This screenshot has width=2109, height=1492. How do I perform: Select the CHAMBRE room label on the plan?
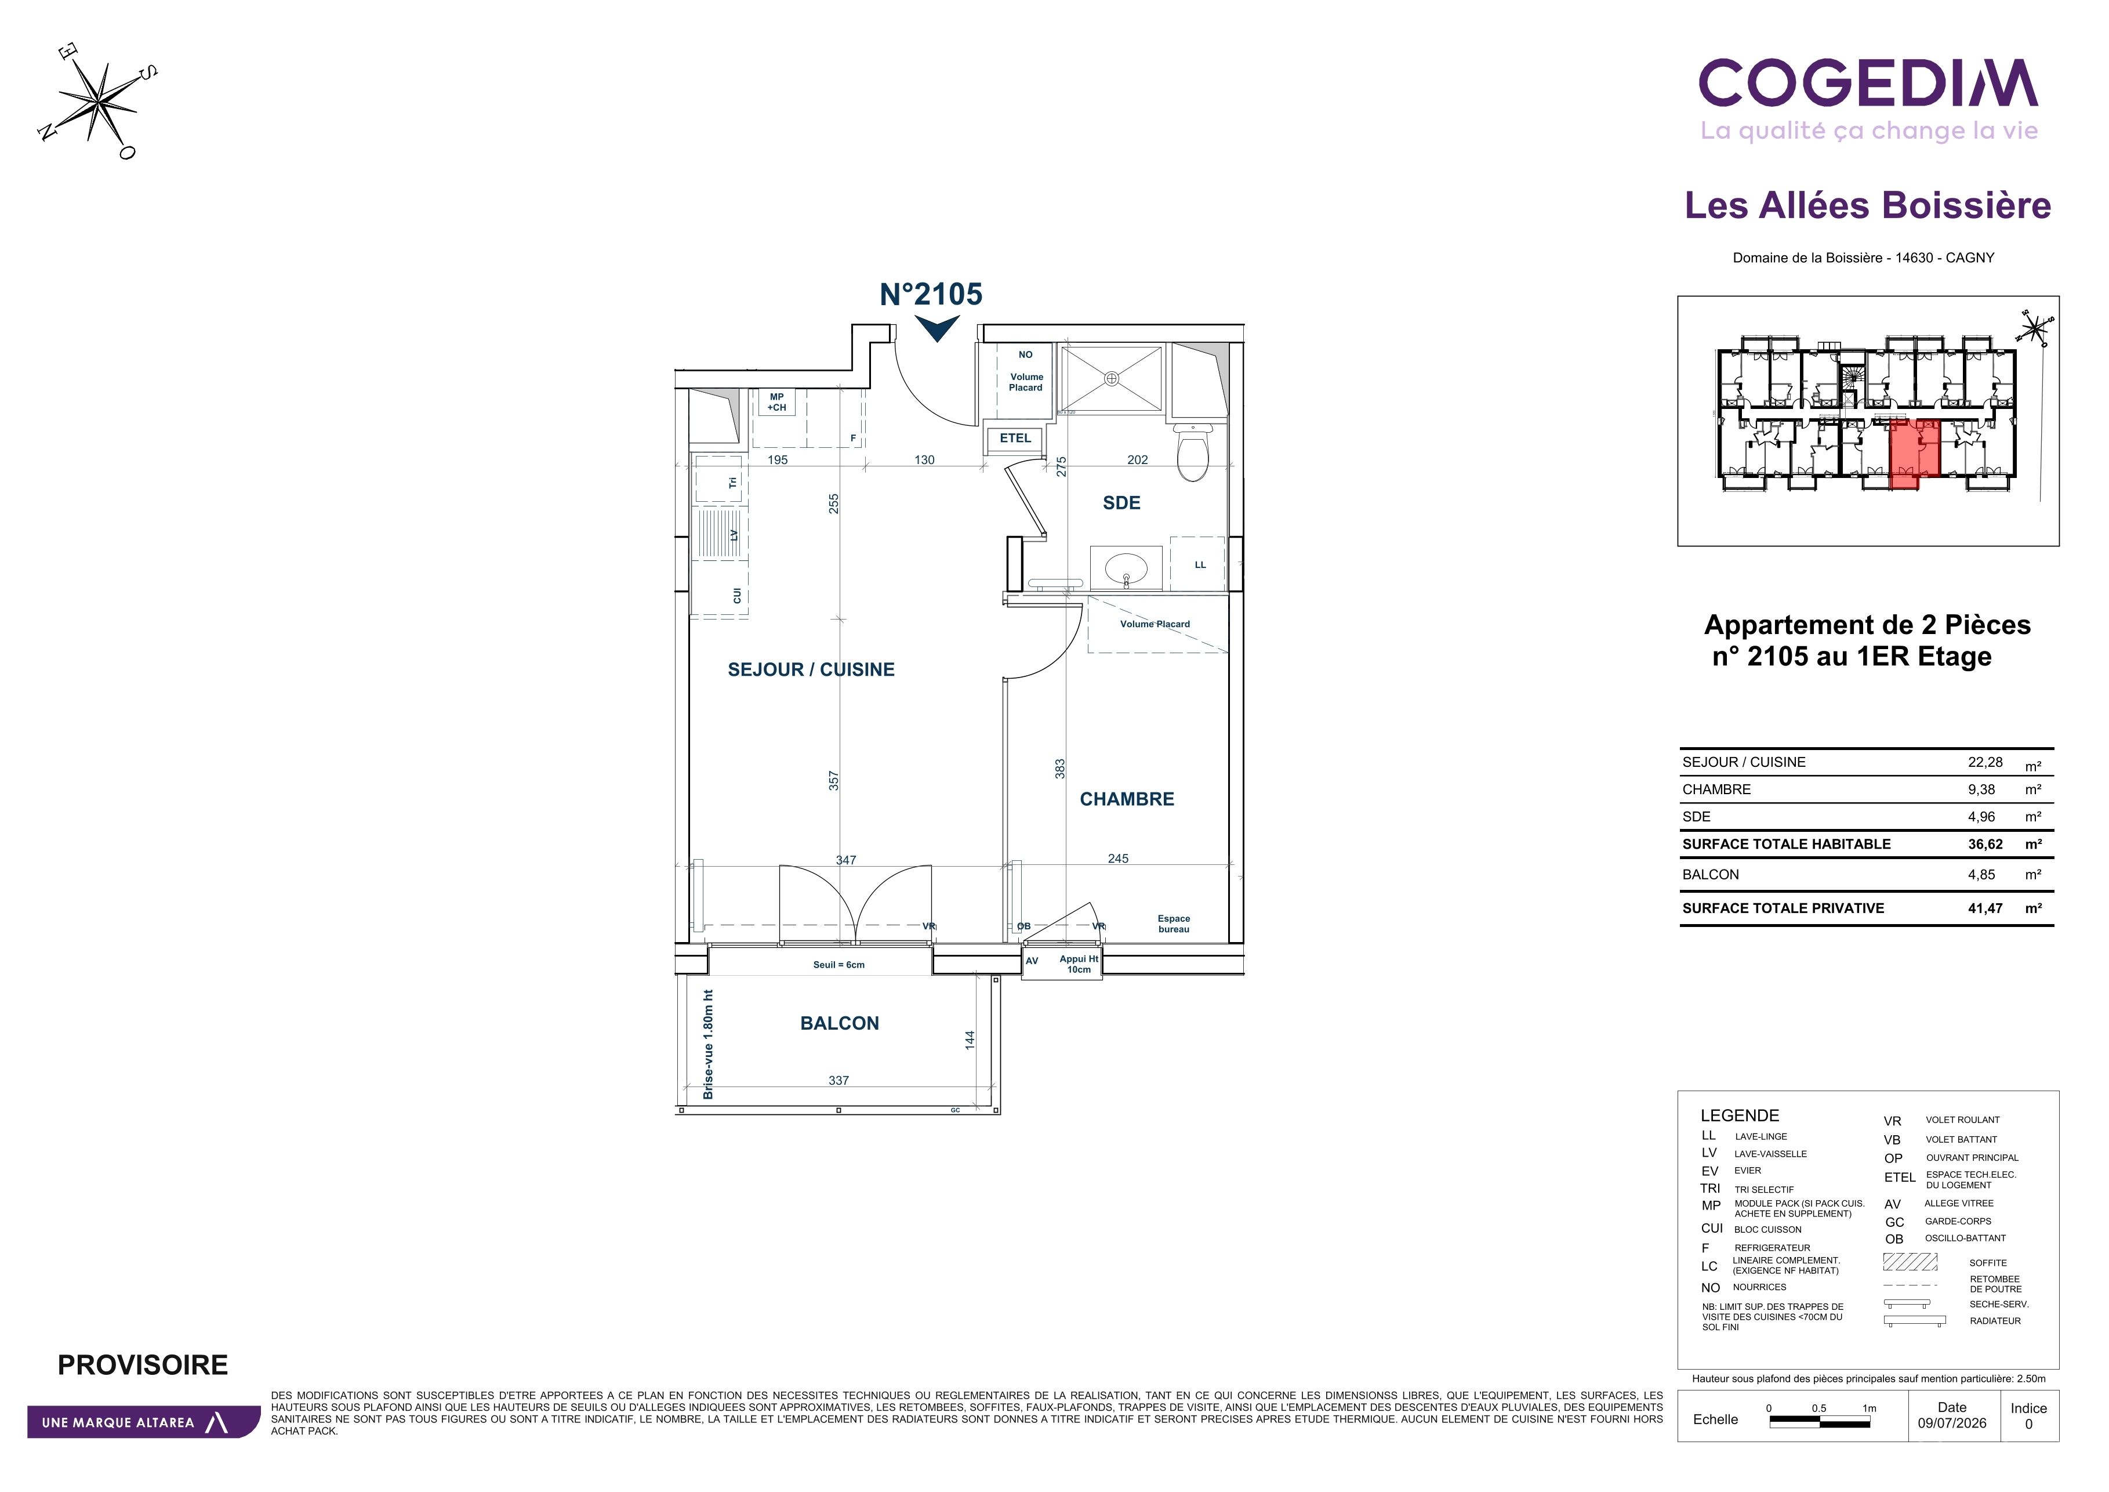point(1127,799)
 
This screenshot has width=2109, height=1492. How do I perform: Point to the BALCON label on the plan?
point(840,1023)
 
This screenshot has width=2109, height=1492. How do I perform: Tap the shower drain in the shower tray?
point(1112,378)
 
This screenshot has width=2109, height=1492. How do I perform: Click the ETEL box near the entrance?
point(1014,438)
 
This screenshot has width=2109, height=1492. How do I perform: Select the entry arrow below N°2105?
point(937,328)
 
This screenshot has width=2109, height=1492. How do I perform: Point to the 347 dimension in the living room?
point(846,861)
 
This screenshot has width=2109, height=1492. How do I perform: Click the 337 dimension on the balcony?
point(838,1080)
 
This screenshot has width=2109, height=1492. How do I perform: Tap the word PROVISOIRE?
point(143,1365)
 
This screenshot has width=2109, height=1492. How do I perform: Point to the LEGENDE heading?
point(1740,1116)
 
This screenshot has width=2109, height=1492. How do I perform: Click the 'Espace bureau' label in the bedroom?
point(1174,924)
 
